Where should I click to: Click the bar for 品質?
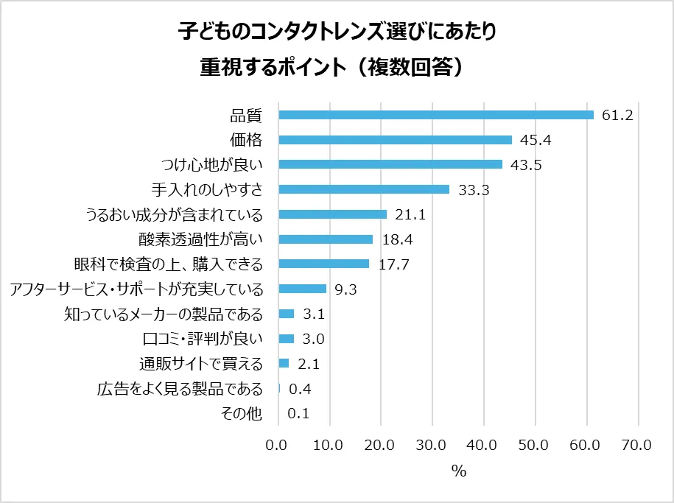point(436,115)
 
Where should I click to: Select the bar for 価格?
point(396,140)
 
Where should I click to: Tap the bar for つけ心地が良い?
point(390,164)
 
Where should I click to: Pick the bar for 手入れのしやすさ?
point(364,189)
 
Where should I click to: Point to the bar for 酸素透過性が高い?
point(326,239)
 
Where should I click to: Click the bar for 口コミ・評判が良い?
point(287,339)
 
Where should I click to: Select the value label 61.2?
point(618,115)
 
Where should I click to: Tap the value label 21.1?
point(410,214)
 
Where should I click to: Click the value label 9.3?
point(345,289)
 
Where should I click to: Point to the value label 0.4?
point(298,389)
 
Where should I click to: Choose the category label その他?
point(242,414)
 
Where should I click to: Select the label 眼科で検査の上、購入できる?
point(169,264)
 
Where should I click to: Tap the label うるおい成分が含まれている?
point(175,214)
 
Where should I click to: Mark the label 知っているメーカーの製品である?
point(164,314)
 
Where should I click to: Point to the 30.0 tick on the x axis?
point(431,445)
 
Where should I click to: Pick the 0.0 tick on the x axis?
point(278,445)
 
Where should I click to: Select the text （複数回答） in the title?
point(411,67)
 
